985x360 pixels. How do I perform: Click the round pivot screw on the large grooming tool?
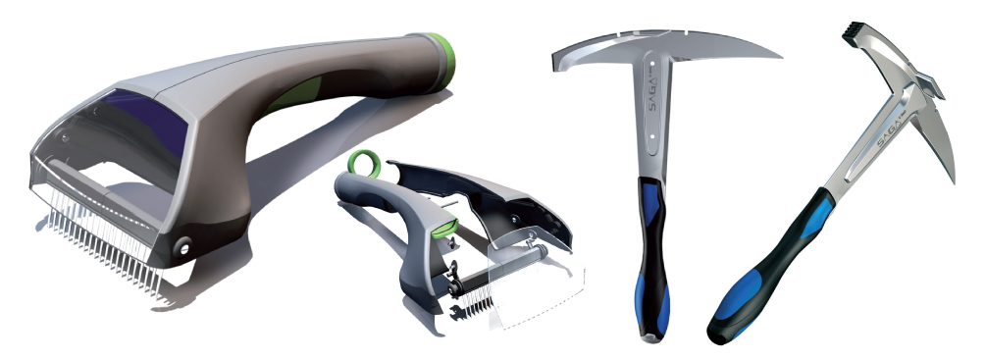184,247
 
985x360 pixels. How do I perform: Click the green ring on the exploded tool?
364,163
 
